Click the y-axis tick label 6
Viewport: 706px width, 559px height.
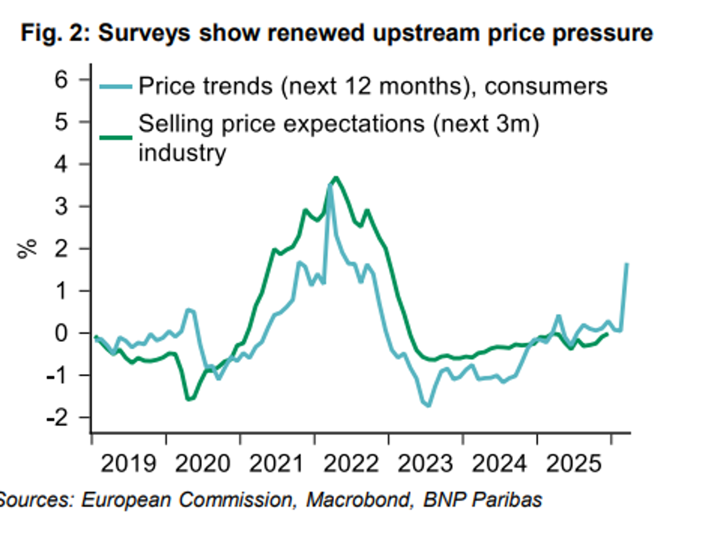tap(61, 80)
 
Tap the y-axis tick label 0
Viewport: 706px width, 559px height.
tap(61, 333)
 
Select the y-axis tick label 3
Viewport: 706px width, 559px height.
tap(61, 206)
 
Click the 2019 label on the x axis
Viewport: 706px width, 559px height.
tap(128, 463)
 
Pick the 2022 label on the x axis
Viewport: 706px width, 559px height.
tap(351, 463)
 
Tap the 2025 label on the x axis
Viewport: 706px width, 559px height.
tap(573, 463)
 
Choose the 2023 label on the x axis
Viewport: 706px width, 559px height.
tap(425, 463)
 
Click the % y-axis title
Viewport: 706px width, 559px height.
tap(27, 248)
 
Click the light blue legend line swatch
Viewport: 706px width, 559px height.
tap(116, 87)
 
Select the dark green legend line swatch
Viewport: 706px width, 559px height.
tap(116, 138)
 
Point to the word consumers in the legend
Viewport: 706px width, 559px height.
tap(546, 87)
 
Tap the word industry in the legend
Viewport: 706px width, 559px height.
tap(182, 153)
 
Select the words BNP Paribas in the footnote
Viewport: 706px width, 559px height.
tap(482, 499)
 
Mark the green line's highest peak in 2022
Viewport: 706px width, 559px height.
tap(336, 178)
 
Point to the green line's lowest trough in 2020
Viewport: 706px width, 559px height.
tap(189, 399)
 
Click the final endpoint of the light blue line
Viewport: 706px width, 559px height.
tap(627, 264)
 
